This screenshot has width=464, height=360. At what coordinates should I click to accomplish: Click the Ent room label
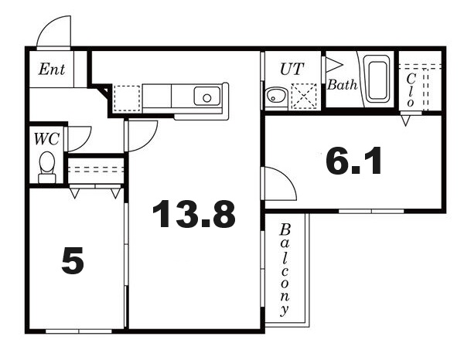52,70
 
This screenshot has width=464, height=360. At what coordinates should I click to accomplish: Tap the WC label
46,139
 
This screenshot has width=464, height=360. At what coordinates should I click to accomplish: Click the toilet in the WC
47,168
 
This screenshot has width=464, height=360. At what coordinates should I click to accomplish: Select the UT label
292,70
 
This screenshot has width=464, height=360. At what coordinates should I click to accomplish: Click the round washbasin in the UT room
276,96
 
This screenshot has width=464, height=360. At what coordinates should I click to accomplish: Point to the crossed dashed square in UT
304,96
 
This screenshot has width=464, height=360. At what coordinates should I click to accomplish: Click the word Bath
342,85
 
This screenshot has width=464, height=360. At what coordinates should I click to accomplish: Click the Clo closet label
411,90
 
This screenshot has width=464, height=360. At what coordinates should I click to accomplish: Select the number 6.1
353,161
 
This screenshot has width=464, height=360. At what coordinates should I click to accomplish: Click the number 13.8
194,214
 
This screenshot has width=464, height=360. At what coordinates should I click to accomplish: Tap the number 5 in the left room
73,260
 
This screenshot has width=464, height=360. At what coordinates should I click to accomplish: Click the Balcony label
285,270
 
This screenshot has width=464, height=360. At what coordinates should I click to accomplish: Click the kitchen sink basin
207,96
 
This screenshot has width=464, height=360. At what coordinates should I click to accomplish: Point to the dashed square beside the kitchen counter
127,98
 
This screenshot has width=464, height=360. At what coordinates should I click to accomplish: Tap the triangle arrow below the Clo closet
406,121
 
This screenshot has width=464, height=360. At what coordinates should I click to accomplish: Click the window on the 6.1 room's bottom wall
371,211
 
